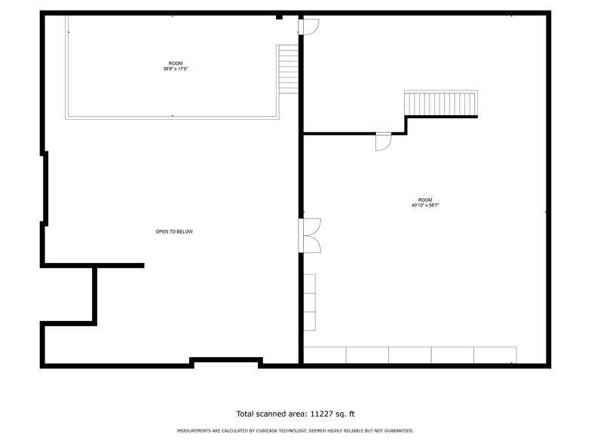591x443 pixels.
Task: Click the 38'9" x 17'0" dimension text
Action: (x=175, y=69)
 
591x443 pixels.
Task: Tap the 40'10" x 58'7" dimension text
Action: (x=425, y=205)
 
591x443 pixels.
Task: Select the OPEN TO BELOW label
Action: (x=174, y=231)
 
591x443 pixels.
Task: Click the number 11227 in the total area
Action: (x=322, y=413)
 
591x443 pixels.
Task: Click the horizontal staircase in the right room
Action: (x=441, y=103)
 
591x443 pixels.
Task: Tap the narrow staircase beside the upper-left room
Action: (x=288, y=69)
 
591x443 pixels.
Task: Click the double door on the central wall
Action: (x=310, y=235)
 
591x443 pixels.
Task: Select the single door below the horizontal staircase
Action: (x=384, y=142)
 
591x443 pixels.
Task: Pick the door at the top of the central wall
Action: (x=309, y=26)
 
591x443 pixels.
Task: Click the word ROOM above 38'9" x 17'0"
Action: (x=175, y=63)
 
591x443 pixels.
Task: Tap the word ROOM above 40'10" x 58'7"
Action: (x=425, y=200)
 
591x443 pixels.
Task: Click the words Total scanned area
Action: (x=271, y=413)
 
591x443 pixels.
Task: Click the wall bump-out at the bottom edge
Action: (x=225, y=361)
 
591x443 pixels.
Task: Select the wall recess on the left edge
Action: (x=45, y=188)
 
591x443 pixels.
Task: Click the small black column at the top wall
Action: (x=279, y=16)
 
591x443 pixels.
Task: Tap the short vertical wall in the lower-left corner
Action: (x=95, y=295)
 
